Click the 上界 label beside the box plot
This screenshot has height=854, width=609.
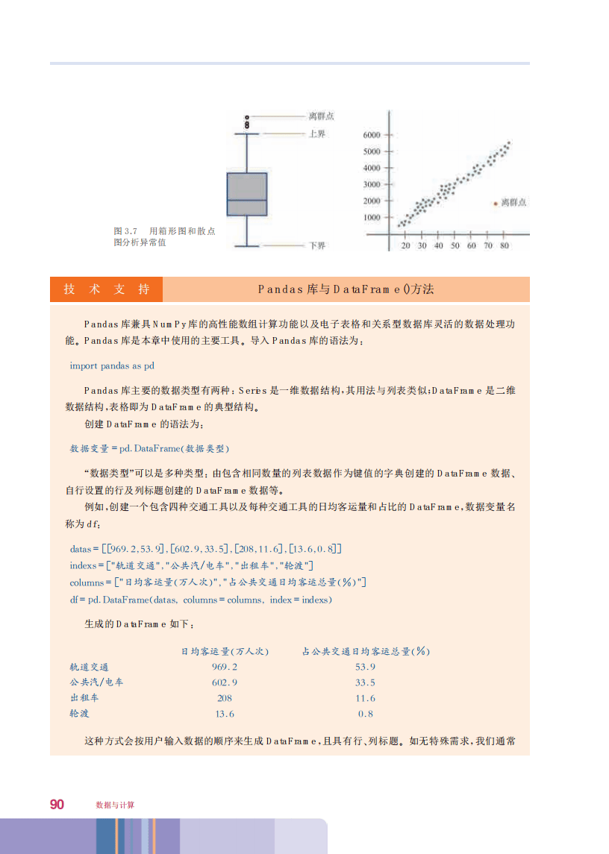tap(317, 134)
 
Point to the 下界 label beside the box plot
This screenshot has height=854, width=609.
tap(317, 245)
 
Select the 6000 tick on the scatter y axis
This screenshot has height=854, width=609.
tap(371, 135)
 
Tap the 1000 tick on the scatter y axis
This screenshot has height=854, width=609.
tap(371, 218)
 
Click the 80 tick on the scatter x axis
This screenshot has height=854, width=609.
tap(505, 245)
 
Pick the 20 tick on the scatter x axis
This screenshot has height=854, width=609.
tap(405, 245)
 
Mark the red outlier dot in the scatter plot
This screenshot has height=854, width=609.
tap(496, 202)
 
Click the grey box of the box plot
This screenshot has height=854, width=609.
tap(247, 195)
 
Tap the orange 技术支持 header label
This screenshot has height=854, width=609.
tap(106, 289)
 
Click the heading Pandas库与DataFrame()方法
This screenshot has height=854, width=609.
tap(346, 289)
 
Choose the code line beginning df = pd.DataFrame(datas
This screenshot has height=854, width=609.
tap(200, 600)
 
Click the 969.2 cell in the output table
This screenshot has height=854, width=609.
tap(225, 667)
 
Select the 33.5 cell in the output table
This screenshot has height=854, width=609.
tap(365, 682)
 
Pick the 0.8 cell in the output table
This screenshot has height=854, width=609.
tap(365, 714)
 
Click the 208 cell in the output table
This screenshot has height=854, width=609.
tap(225, 698)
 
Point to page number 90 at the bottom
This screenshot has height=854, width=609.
tap(57, 804)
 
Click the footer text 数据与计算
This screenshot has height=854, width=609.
tap(115, 805)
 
